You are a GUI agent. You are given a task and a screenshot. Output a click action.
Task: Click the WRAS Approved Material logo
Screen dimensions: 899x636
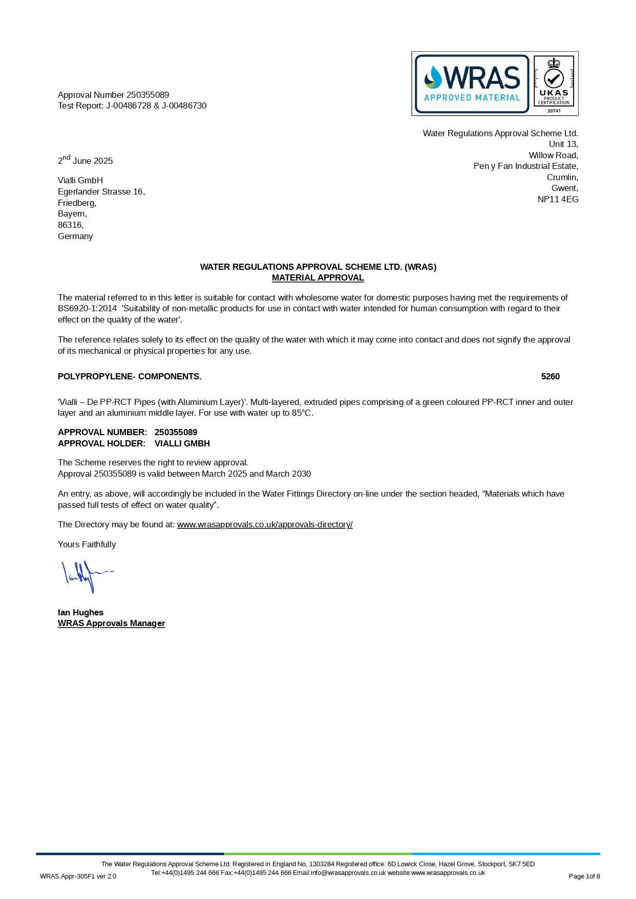(472, 83)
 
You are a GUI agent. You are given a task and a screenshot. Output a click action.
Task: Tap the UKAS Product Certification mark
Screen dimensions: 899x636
(554, 83)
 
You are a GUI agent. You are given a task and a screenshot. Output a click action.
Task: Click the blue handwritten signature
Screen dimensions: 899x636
(86, 576)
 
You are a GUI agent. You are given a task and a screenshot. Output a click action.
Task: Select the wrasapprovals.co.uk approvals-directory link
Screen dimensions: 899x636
(265, 524)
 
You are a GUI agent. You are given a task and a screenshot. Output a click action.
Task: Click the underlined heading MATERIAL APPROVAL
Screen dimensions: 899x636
(317, 277)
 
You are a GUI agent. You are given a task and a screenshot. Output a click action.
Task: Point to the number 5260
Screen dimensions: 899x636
(550, 376)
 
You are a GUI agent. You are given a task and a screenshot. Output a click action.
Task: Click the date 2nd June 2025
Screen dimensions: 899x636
(85, 160)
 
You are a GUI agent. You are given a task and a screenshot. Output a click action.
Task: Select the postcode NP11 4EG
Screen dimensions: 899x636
(558, 199)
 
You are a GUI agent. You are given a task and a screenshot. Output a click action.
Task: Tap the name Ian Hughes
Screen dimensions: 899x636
(80, 612)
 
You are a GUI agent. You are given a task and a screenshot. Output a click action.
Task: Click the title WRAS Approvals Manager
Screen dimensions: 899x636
(111, 623)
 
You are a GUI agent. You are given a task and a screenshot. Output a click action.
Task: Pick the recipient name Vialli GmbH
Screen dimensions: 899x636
(80, 180)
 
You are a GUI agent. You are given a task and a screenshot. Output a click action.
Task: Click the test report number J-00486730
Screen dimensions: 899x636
(184, 105)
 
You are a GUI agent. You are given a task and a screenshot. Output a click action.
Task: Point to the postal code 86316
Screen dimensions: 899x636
(70, 225)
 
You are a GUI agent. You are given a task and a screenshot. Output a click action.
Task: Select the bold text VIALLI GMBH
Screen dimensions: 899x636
(182, 443)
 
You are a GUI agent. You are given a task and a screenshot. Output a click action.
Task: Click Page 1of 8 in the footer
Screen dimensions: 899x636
(584, 876)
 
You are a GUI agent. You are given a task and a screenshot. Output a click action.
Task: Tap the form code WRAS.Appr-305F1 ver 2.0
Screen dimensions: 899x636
(78, 876)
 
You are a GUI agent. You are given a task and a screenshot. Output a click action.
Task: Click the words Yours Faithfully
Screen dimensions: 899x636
(87, 544)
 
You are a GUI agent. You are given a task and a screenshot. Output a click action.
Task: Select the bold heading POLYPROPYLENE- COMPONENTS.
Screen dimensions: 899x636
(130, 376)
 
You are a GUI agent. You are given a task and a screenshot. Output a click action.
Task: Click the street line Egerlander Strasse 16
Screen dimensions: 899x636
(101, 191)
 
